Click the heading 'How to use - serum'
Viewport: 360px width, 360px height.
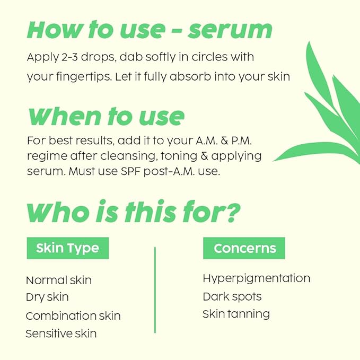(150, 30)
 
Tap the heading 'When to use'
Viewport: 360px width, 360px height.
(106, 116)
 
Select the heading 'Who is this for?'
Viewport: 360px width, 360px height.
(133, 212)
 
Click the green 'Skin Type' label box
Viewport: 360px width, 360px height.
(67, 248)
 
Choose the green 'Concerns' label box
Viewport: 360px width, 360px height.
(244, 248)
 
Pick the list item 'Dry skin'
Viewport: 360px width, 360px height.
(47, 297)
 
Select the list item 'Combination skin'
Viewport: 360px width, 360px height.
(73, 315)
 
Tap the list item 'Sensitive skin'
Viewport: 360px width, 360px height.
(61, 333)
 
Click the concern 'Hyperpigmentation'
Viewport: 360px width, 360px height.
(256, 278)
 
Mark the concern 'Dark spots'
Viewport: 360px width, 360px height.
(232, 296)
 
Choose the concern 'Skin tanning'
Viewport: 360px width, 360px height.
(236, 314)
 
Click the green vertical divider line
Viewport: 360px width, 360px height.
(155, 289)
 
